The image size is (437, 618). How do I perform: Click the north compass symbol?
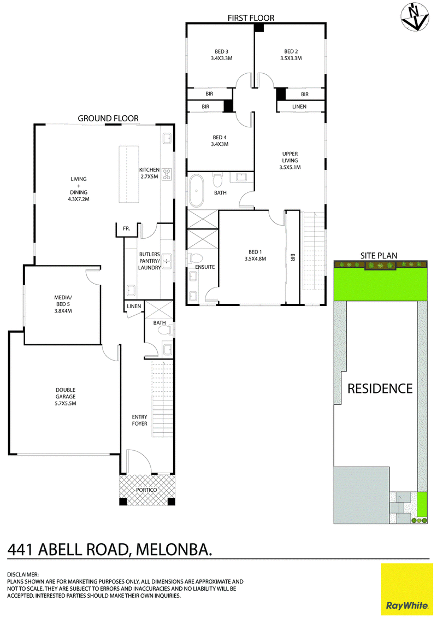[x=414, y=16]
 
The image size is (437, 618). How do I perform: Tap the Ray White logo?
[x=406, y=589]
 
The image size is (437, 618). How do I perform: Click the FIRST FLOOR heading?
[x=251, y=17]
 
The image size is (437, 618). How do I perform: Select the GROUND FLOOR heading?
[x=108, y=118]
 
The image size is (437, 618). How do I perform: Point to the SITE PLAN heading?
[x=379, y=255]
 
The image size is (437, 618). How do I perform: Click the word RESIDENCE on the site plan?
[x=380, y=389]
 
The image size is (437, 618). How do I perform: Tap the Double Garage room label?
[x=66, y=397]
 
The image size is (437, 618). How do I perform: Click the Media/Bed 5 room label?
[x=63, y=304]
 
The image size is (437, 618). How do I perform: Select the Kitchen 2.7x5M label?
[x=149, y=173]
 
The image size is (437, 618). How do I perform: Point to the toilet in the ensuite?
[x=196, y=258]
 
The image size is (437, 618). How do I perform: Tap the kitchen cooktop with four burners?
[x=167, y=174]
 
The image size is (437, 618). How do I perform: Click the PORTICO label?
[x=146, y=490]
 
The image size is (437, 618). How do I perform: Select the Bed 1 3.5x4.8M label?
[x=255, y=255]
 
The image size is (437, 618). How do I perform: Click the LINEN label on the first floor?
[x=299, y=107]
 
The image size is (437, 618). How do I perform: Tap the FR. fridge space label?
[x=127, y=228]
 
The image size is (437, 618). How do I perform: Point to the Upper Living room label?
[x=290, y=161]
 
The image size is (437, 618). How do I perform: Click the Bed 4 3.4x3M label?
[x=220, y=141]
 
